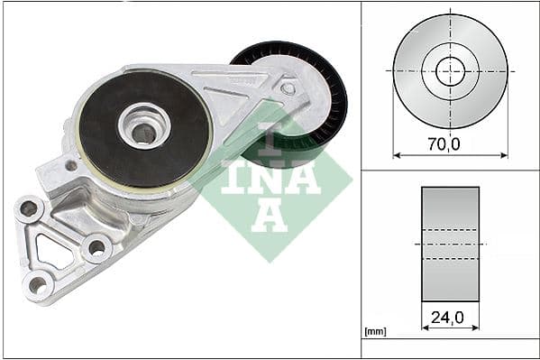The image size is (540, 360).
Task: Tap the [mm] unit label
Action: tap(375, 332)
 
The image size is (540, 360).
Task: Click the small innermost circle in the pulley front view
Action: tap(450, 70)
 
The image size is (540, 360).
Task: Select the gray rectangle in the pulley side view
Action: tap(450, 244)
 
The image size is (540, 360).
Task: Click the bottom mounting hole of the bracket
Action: tap(37, 284)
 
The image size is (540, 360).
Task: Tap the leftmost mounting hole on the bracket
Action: tap(29, 208)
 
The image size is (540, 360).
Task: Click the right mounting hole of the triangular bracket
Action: tap(96, 246)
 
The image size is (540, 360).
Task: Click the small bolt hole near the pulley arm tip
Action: tap(288, 88)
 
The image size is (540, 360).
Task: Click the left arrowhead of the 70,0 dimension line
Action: tap(397, 154)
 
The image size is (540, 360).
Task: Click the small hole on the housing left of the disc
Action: tap(71, 165)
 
